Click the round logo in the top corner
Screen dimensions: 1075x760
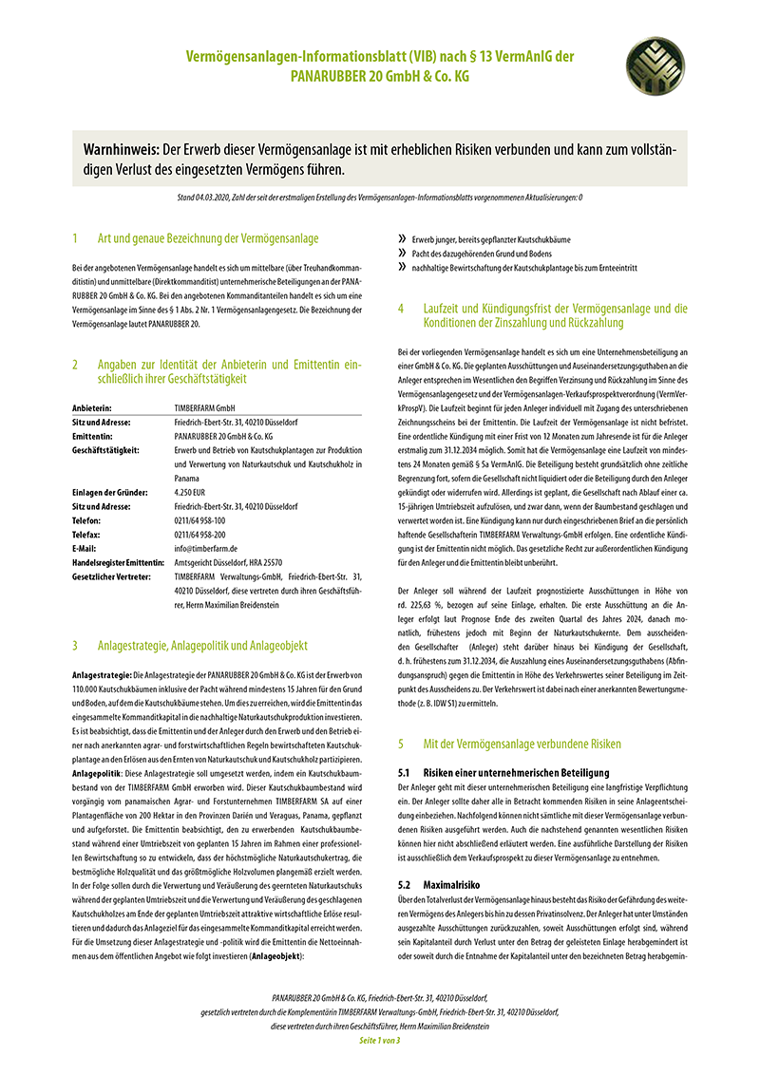653,67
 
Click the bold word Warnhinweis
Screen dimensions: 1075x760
122,151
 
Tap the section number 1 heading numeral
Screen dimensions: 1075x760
74,238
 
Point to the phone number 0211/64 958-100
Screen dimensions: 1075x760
200,521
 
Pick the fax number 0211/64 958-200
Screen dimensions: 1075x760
200,535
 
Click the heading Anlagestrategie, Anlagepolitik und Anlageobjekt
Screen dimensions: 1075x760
202,646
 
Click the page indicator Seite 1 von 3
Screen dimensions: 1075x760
380,1041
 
